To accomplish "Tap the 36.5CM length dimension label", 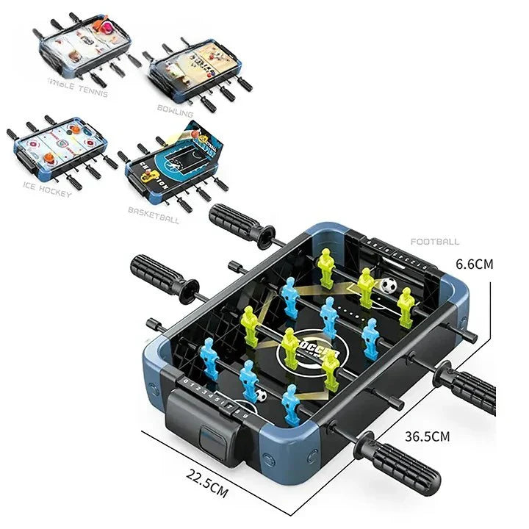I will tap(428, 436).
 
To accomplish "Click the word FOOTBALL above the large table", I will tap(435, 241).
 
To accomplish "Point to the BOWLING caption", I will tap(175, 115).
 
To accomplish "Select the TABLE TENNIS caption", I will tap(76, 93).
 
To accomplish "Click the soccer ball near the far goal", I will tap(388, 285).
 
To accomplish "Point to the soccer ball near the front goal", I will tap(261, 395).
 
